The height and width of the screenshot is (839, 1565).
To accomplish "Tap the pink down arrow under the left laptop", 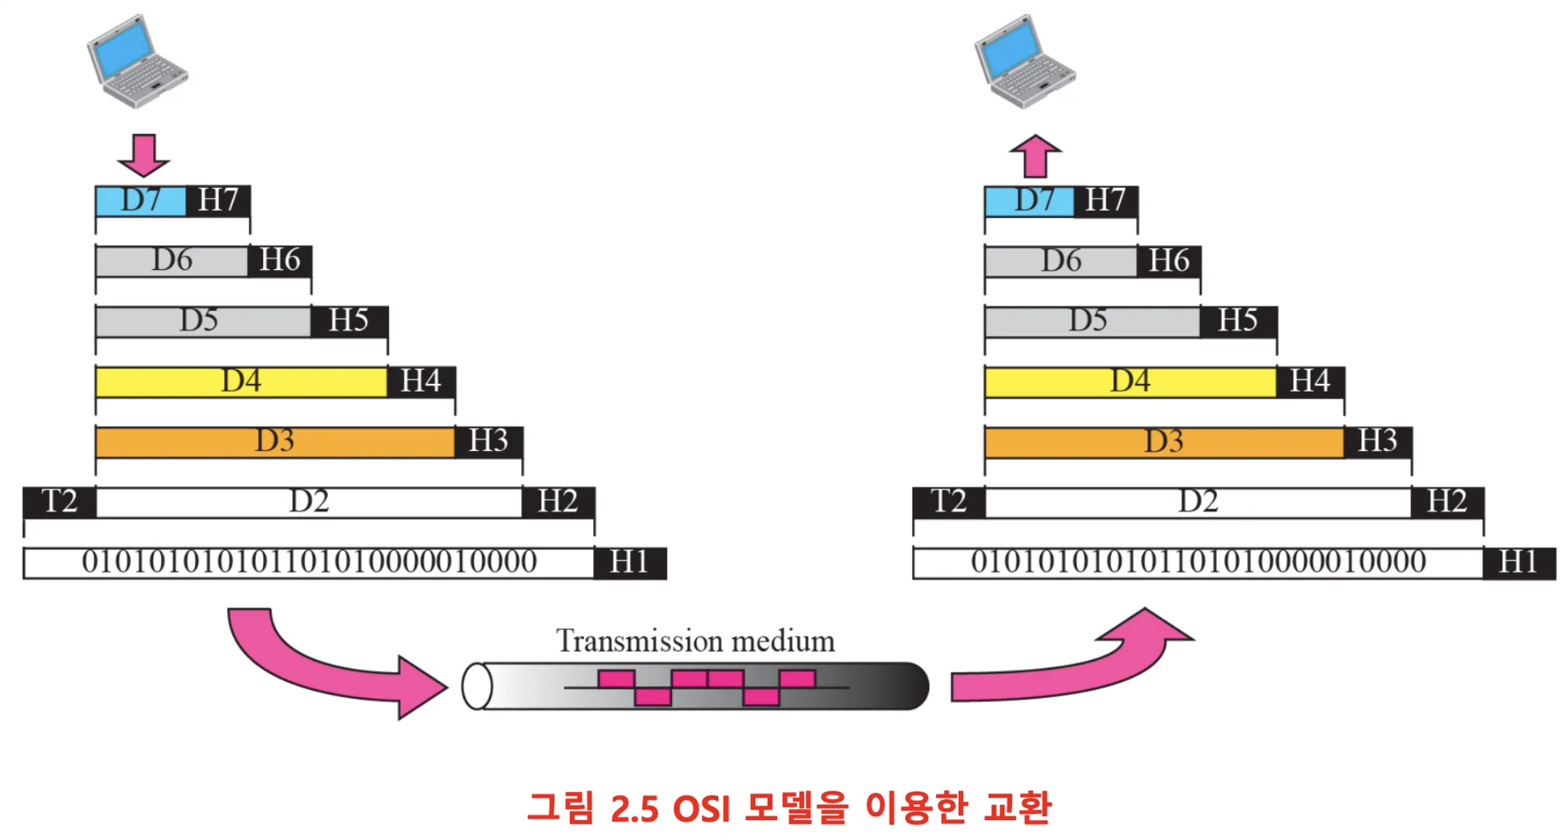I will (x=143, y=155).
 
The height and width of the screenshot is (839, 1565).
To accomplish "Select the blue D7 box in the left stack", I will (x=141, y=201).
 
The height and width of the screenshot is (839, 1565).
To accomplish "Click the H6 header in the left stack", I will (x=280, y=261).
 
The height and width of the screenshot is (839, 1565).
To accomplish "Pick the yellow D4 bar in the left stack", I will (x=241, y=382).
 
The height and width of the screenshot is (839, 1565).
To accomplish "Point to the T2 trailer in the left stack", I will (x=59, y=502).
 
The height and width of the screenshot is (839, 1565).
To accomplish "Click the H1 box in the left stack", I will (x=629, y=563).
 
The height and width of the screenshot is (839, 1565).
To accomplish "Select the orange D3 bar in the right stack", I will (x=1164, y=442).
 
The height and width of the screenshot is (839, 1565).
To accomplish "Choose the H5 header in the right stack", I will (x=1238, y=321).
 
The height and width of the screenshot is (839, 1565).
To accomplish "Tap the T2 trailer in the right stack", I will (x=949, y=502).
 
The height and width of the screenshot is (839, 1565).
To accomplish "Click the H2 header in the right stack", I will (x=1447, y=502).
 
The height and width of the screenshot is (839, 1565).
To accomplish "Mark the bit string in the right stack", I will (x=1198, y=563).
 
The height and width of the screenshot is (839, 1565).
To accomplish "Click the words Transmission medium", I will (x=695, y=641).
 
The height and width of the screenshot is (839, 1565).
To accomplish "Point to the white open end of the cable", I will (x=477, y=686).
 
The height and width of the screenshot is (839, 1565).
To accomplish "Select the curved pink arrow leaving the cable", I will (x=1070, y=664).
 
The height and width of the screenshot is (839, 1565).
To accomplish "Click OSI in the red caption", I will (x=701, y=809).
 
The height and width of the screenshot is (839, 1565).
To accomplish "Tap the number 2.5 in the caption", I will (x=634, y=809).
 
